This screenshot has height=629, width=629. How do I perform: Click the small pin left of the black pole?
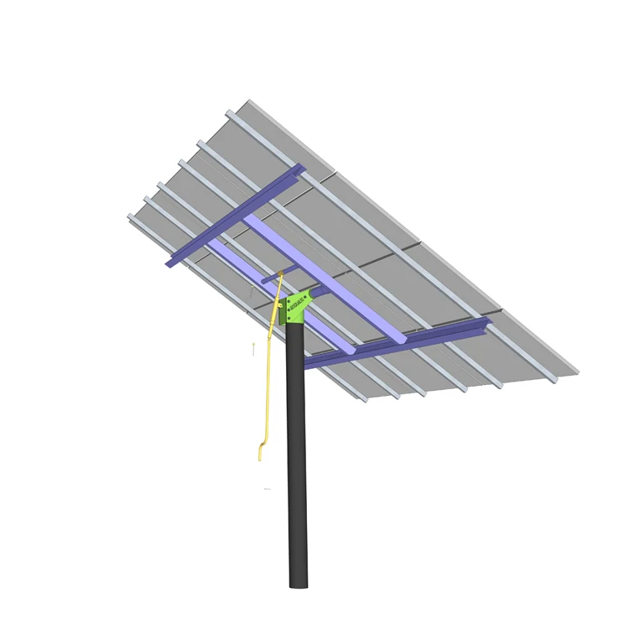point(253,349)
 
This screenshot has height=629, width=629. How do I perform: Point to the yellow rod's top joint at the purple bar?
point(281,273)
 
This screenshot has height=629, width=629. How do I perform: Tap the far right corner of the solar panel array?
point(578,372)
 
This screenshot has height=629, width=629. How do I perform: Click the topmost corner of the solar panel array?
point(247,101)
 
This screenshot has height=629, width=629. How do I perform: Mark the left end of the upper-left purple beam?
point(168,264)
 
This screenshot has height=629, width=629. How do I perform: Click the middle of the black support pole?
point(296,453)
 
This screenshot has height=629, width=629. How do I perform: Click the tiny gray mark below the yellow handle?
point(267,488)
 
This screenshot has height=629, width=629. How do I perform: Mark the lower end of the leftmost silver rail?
point(365,398)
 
